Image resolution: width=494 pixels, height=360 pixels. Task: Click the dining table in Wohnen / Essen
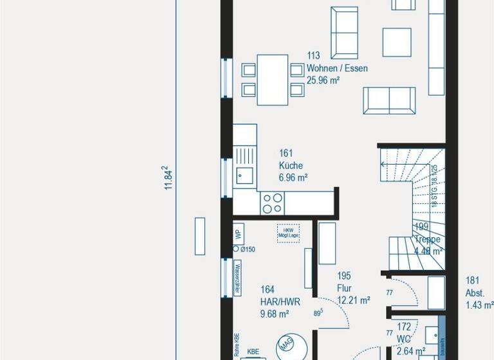273,80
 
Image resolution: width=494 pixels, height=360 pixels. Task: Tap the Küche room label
291,165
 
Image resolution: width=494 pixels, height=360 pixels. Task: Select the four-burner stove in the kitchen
272,203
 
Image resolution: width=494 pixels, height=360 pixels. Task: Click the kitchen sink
244,174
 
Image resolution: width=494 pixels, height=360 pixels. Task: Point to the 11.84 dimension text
169,178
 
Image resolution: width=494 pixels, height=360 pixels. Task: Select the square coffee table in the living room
397,42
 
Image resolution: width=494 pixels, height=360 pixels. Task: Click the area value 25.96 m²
324,80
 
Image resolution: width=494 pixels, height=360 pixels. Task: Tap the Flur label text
345,287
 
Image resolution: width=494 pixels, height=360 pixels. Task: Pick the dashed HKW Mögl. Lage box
287,232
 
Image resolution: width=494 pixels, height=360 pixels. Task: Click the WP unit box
237,233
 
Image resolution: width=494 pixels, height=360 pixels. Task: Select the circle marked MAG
286,347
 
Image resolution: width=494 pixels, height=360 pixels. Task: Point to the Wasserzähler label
237,278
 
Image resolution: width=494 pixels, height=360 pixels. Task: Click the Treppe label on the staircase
428,239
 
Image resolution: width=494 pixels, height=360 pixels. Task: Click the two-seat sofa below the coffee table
389,100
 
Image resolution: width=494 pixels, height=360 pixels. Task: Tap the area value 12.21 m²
353,300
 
